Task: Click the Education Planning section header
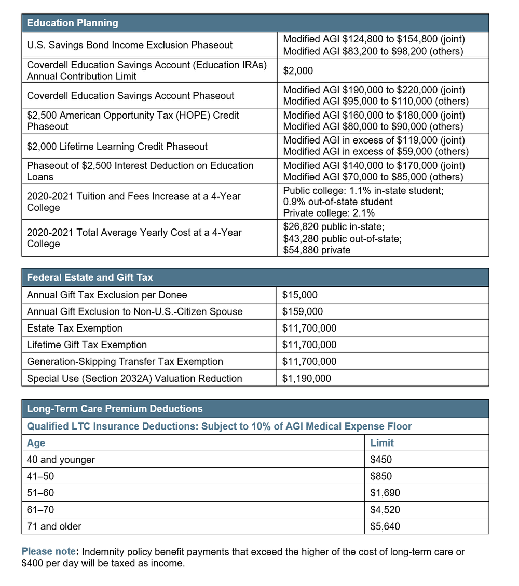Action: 72,23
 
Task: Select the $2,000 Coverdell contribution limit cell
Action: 298,71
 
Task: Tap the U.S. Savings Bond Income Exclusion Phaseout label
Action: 130,45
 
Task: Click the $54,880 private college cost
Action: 317,250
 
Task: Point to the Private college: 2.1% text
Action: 329,213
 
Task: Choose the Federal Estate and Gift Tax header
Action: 90,278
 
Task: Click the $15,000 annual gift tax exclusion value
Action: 299,295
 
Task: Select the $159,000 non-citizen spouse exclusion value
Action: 302,312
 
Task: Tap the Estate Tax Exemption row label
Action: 75,328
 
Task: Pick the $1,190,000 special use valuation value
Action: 306,379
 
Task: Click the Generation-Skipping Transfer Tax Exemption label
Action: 125,362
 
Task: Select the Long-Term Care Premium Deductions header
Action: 115,409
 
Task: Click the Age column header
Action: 36,443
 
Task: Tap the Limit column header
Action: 382,443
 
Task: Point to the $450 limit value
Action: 381,460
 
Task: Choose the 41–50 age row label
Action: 40,476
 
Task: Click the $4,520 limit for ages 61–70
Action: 385,510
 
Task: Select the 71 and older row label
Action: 54,526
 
